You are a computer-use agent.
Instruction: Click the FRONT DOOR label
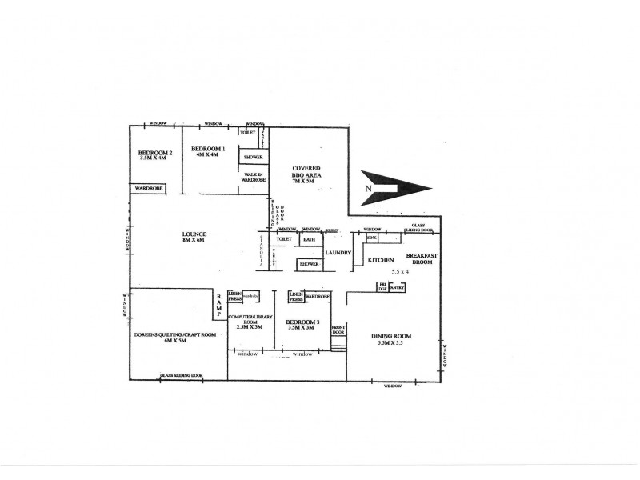tap(338, 330)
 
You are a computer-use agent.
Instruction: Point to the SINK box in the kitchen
tap(372, 238)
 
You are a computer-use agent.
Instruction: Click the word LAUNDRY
tap(339, 253)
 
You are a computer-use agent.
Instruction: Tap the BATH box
tap(310, 238)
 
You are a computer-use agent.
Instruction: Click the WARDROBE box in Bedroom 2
tap(148, 189)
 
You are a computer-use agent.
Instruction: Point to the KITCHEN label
tap(381, 261)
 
